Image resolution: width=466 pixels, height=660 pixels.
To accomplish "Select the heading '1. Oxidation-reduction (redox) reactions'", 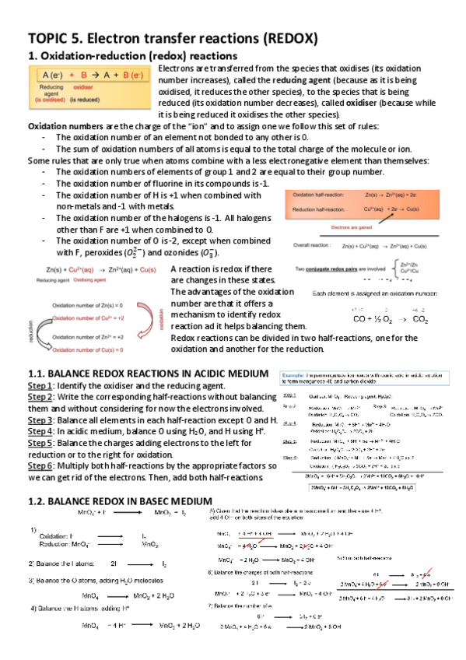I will point(132,56).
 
